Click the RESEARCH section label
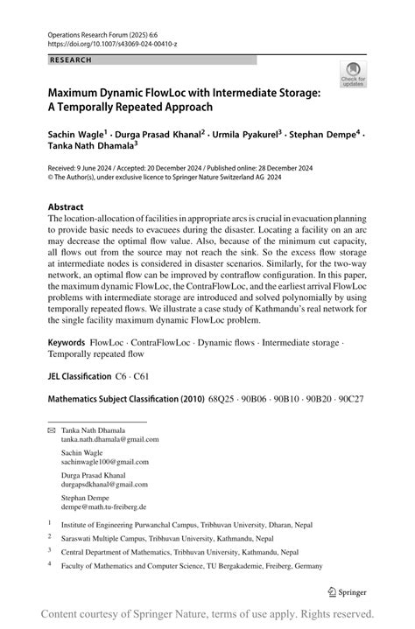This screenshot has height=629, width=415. [72, 60]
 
